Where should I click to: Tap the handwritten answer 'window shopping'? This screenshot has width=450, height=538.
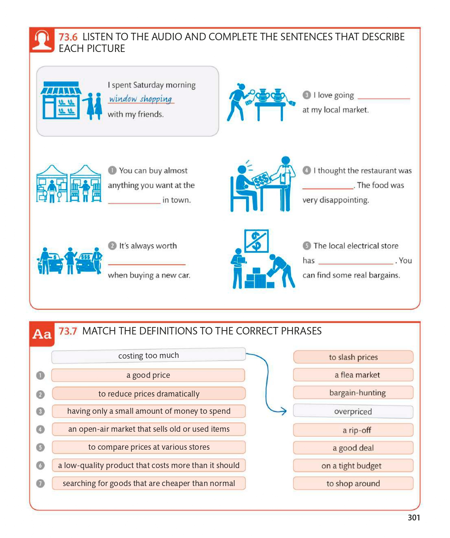(x=141, y=99)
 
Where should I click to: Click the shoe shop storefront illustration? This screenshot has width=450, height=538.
(x=61, y=100)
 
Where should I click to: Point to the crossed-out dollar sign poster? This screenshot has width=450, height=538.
(x=256, y=241)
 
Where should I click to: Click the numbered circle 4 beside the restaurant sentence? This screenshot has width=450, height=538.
(x=307, y=170)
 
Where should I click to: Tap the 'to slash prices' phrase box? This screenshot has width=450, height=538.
(x=353, y=357)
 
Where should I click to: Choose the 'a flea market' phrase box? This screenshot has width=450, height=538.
(x=353, y=375)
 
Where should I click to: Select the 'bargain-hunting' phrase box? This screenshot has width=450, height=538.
(x=353, y=393)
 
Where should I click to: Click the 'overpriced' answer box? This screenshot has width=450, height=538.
(x=353, y=411)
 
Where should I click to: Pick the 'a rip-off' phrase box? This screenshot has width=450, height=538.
(x=353, y=430)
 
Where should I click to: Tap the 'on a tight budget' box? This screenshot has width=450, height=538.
(x=353, y=466)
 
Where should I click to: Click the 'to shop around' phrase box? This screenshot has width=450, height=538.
(x=353, y=484)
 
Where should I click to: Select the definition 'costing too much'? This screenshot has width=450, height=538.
(x=148, y=356)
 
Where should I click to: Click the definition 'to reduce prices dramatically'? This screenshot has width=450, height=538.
(x=148, y=394)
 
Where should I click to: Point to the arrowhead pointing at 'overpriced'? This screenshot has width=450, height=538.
(x=284, y=411)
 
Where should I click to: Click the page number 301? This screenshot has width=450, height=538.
(x=414, y=518)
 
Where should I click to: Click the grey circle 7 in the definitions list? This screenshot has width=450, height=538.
(x=40, y=484)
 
